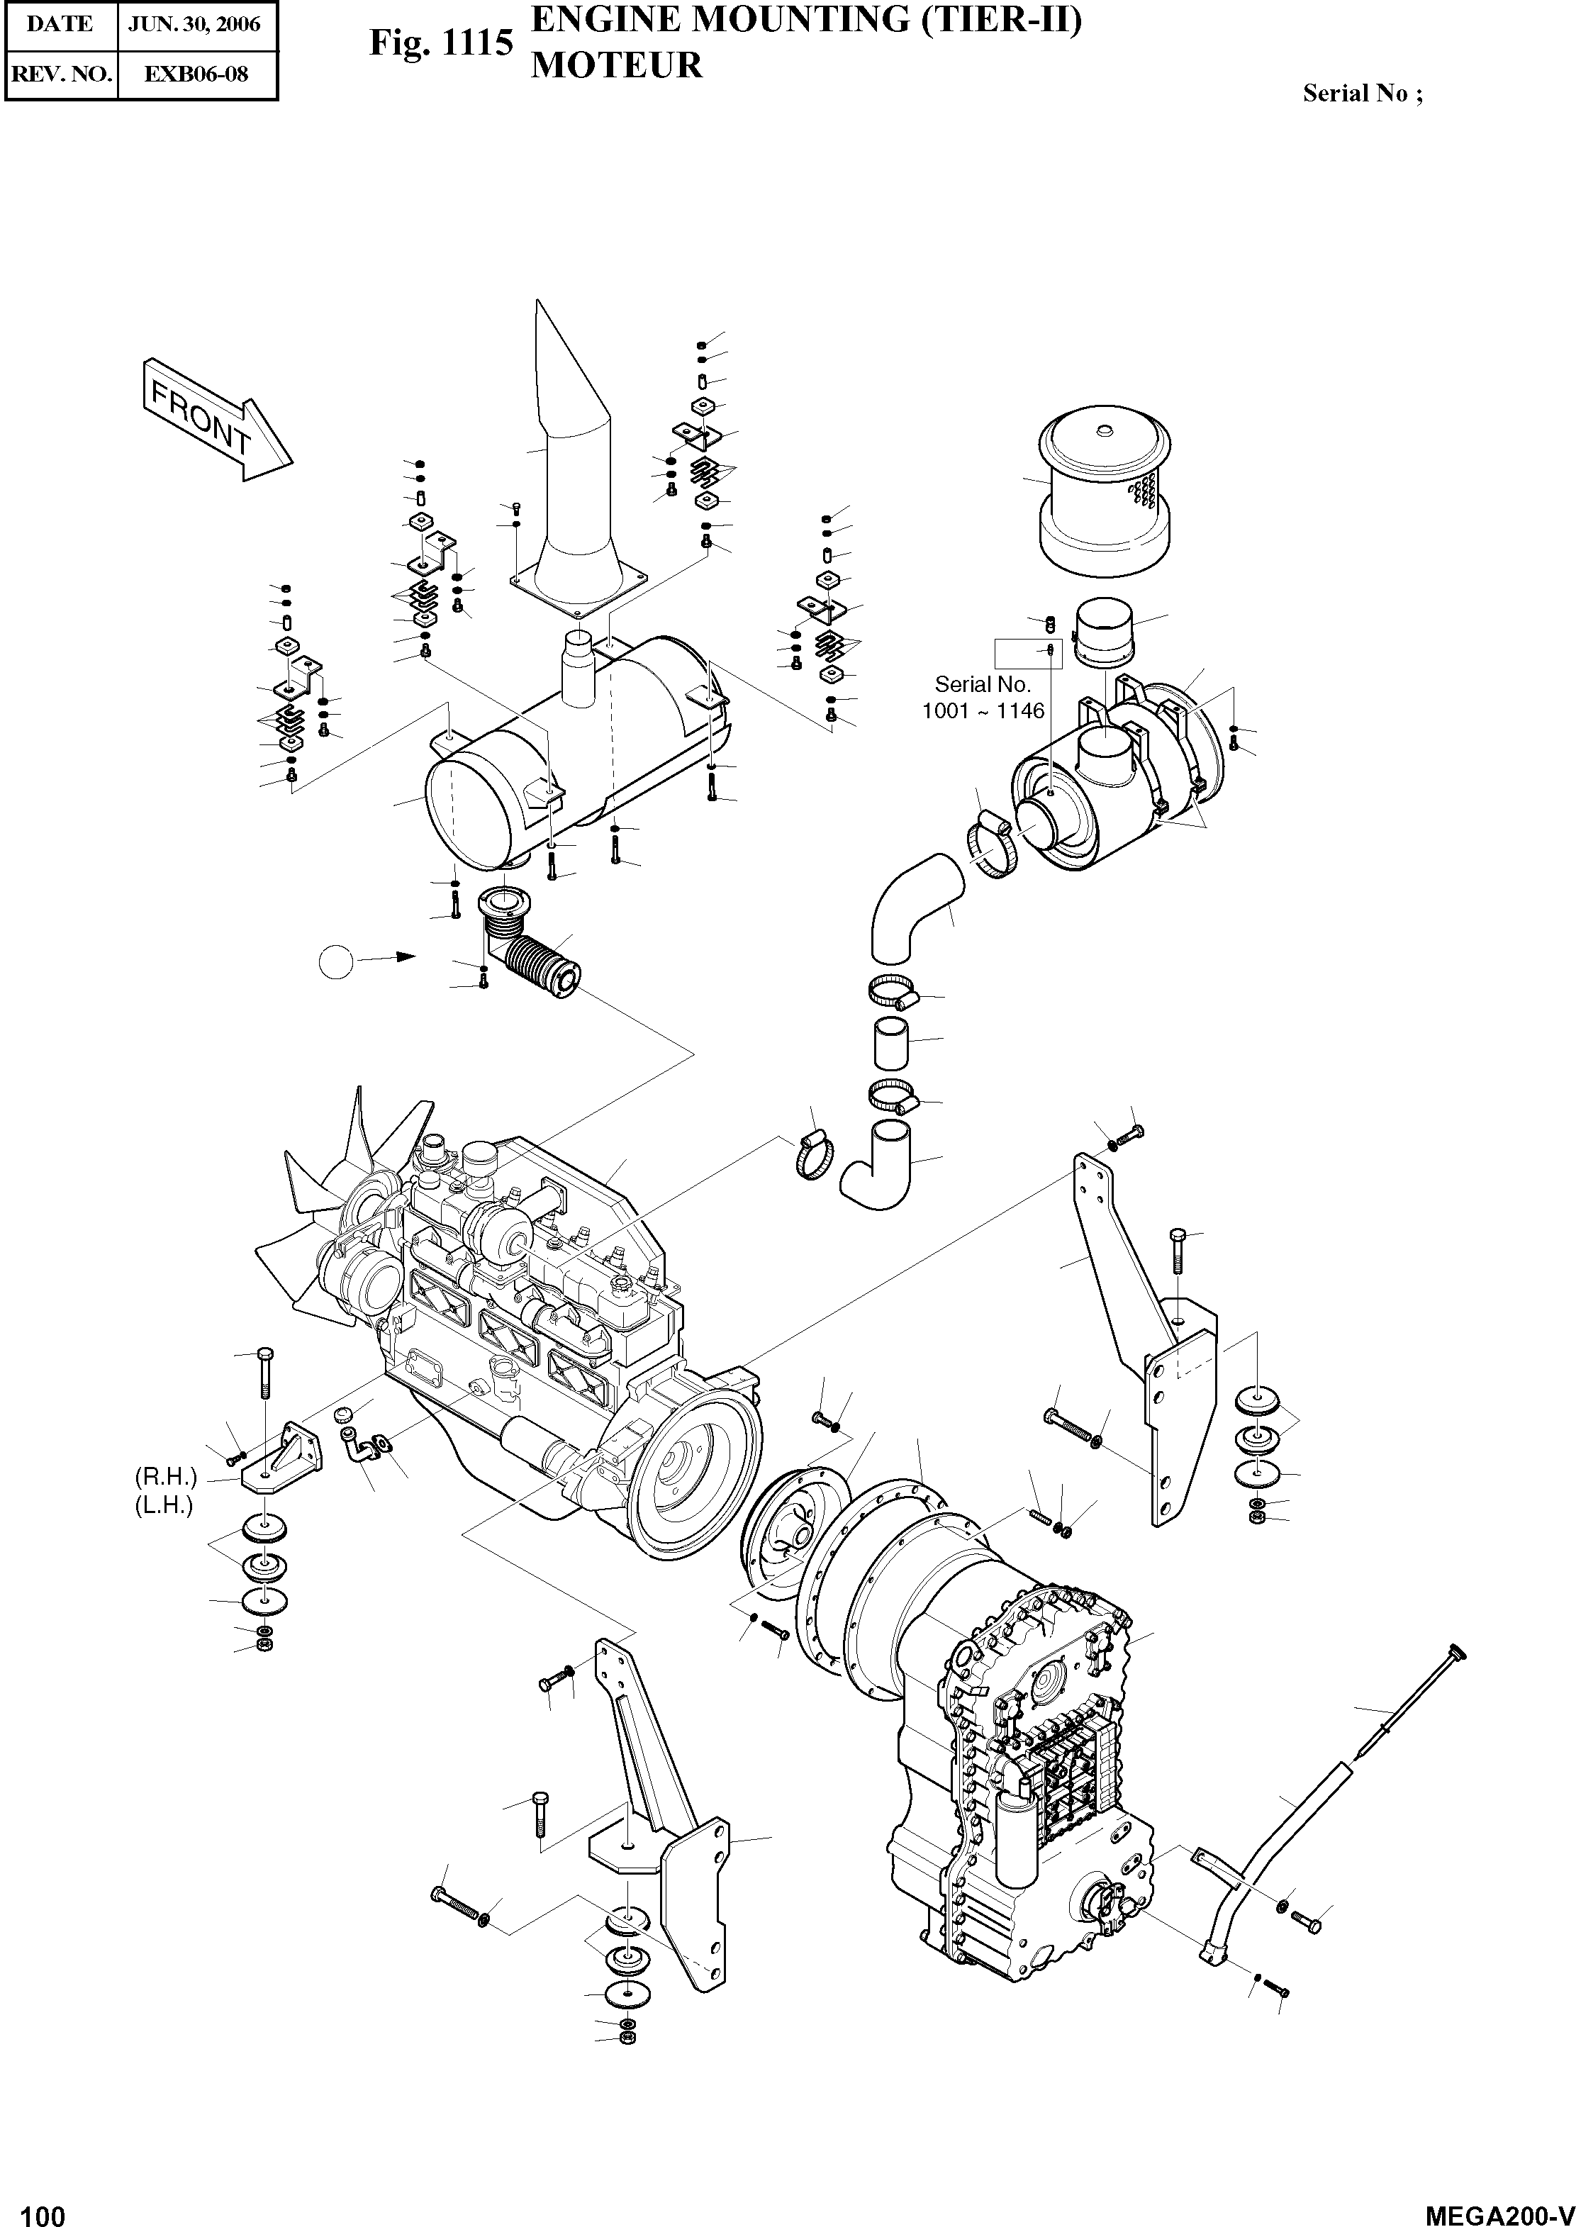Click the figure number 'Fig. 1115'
click(440, 44)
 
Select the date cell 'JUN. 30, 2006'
click(197, 24)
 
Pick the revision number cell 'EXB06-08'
click(197, 74)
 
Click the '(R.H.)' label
click(166, 1477)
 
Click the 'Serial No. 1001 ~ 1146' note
click(983, 698)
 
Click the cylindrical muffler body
click(573, 766)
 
